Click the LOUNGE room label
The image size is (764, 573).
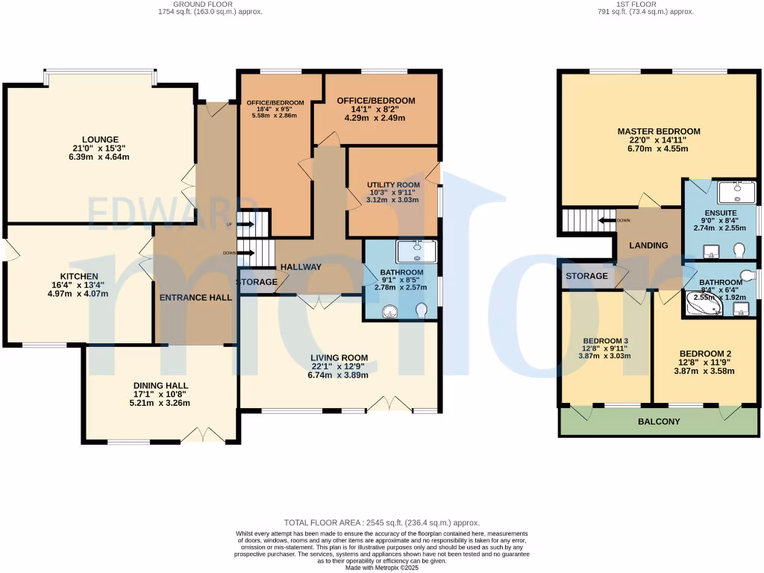click(x=100, y=140)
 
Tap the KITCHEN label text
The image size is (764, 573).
click(x=79, y=276)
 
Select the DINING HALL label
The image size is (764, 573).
click(x=161, y=386)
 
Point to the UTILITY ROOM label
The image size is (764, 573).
click(x=393, y=185)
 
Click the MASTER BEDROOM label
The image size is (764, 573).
click(x=659, y=131)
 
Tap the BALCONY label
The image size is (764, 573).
click(x=659, y=422)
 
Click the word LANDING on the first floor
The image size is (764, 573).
click(x=648, y=245)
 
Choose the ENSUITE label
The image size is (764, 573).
click(x=721, y=213)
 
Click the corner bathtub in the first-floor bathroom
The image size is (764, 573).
click(x=704, y=304)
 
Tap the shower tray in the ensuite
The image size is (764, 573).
click(x=736, y=192)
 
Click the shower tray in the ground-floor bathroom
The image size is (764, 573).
click(x=416, y=251)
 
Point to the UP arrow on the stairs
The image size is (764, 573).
click(x=246, y=224)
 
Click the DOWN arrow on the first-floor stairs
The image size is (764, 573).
click(x=607, y=220)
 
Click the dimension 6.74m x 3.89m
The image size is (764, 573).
click(x=338, y=375)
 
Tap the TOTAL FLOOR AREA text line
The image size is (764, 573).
click(x=382, y=523)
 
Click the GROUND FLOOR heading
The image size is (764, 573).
click(x=203, y=4)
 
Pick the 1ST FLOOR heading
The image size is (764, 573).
click(x=636, y=4)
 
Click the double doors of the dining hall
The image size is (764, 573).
click(x=203, y=434)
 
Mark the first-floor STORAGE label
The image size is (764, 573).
click(x=586, y=276)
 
